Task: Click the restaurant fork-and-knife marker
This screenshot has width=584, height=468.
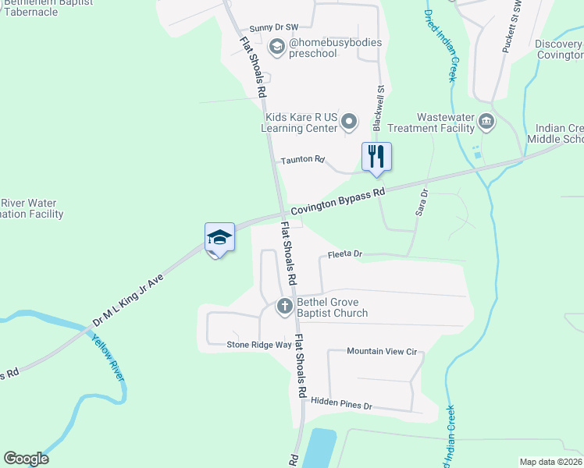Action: coord(376,156)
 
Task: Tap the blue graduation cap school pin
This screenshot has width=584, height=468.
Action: coord(219,237)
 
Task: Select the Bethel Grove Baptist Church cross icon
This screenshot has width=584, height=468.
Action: coord(285,306)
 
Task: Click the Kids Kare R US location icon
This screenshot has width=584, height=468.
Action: coord(350,121)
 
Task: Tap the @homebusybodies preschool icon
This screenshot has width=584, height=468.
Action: coord(276,47)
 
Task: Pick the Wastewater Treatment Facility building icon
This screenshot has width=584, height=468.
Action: coord(486,121)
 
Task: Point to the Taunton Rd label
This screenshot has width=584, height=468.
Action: coord(302,159)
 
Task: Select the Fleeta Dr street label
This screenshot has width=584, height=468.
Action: coord(345,254)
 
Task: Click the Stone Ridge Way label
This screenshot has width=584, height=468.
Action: coord(258,344)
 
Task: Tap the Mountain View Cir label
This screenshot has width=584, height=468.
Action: coord(382,352)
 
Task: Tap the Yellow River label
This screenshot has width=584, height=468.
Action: coord(110,356)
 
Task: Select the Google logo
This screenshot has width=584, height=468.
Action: coord(26,459)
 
